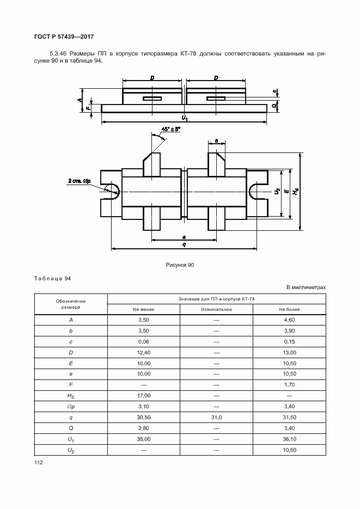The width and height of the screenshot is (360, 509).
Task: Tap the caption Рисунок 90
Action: [180, 265]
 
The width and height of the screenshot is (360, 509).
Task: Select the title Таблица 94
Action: [53, 279]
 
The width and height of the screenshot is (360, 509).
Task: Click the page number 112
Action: [39, 462]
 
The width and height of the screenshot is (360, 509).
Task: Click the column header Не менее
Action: [143, 309]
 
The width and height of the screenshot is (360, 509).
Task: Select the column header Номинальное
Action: [216, 309]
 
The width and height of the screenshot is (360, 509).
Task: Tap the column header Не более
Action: [289, 309]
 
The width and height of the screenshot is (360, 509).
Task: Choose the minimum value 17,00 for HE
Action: [143, 395]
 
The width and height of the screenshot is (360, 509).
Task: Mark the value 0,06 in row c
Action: [143, 341]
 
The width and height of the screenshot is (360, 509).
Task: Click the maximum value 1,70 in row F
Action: [289, 384]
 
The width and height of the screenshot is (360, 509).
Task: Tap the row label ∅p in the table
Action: [71, 406]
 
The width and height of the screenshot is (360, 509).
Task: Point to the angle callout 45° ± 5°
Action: [170, 130]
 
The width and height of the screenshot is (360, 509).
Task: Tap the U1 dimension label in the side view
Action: [185, 118]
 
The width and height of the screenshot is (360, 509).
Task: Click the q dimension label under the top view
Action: [184, 245]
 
